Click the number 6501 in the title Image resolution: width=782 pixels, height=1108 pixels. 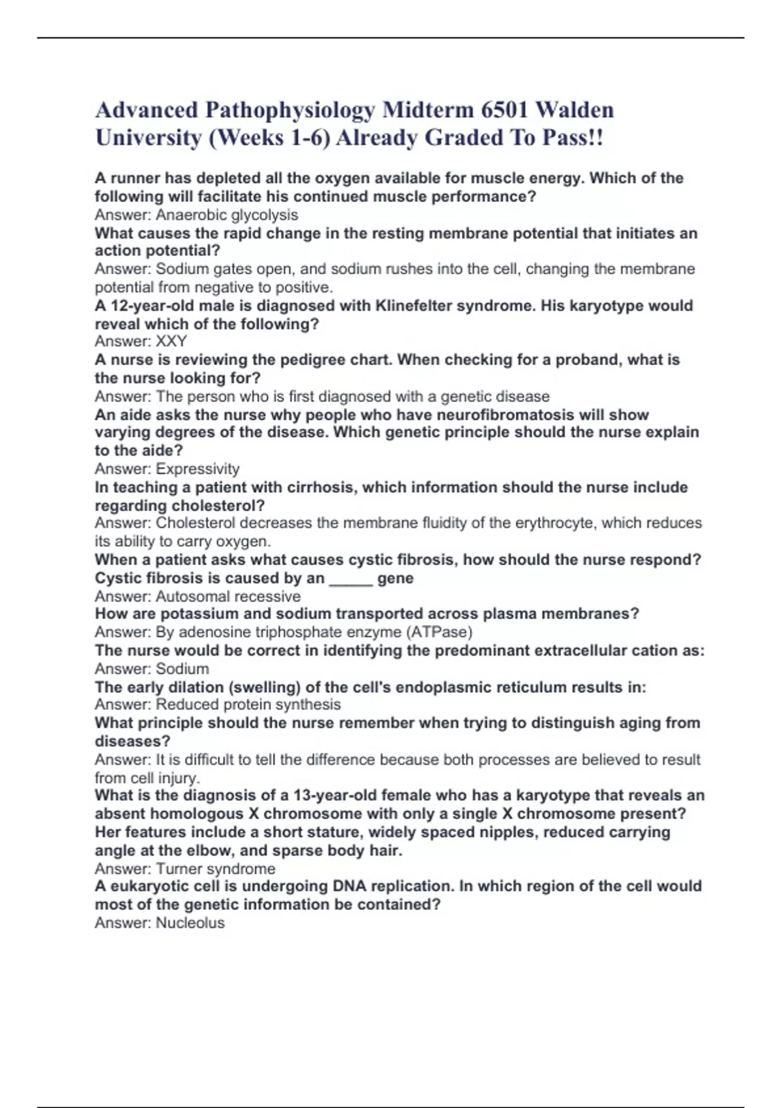coord(504,110)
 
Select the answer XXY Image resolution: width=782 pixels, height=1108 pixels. coord(171,341)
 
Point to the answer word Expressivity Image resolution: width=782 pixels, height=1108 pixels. coord(197,469)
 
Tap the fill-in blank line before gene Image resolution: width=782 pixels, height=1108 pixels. coord(351,578)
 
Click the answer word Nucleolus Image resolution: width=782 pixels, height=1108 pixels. coord(190,922)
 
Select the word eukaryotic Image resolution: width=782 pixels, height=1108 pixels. coord(148,886)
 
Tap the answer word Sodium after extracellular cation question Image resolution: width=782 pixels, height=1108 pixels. coord(182,669)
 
